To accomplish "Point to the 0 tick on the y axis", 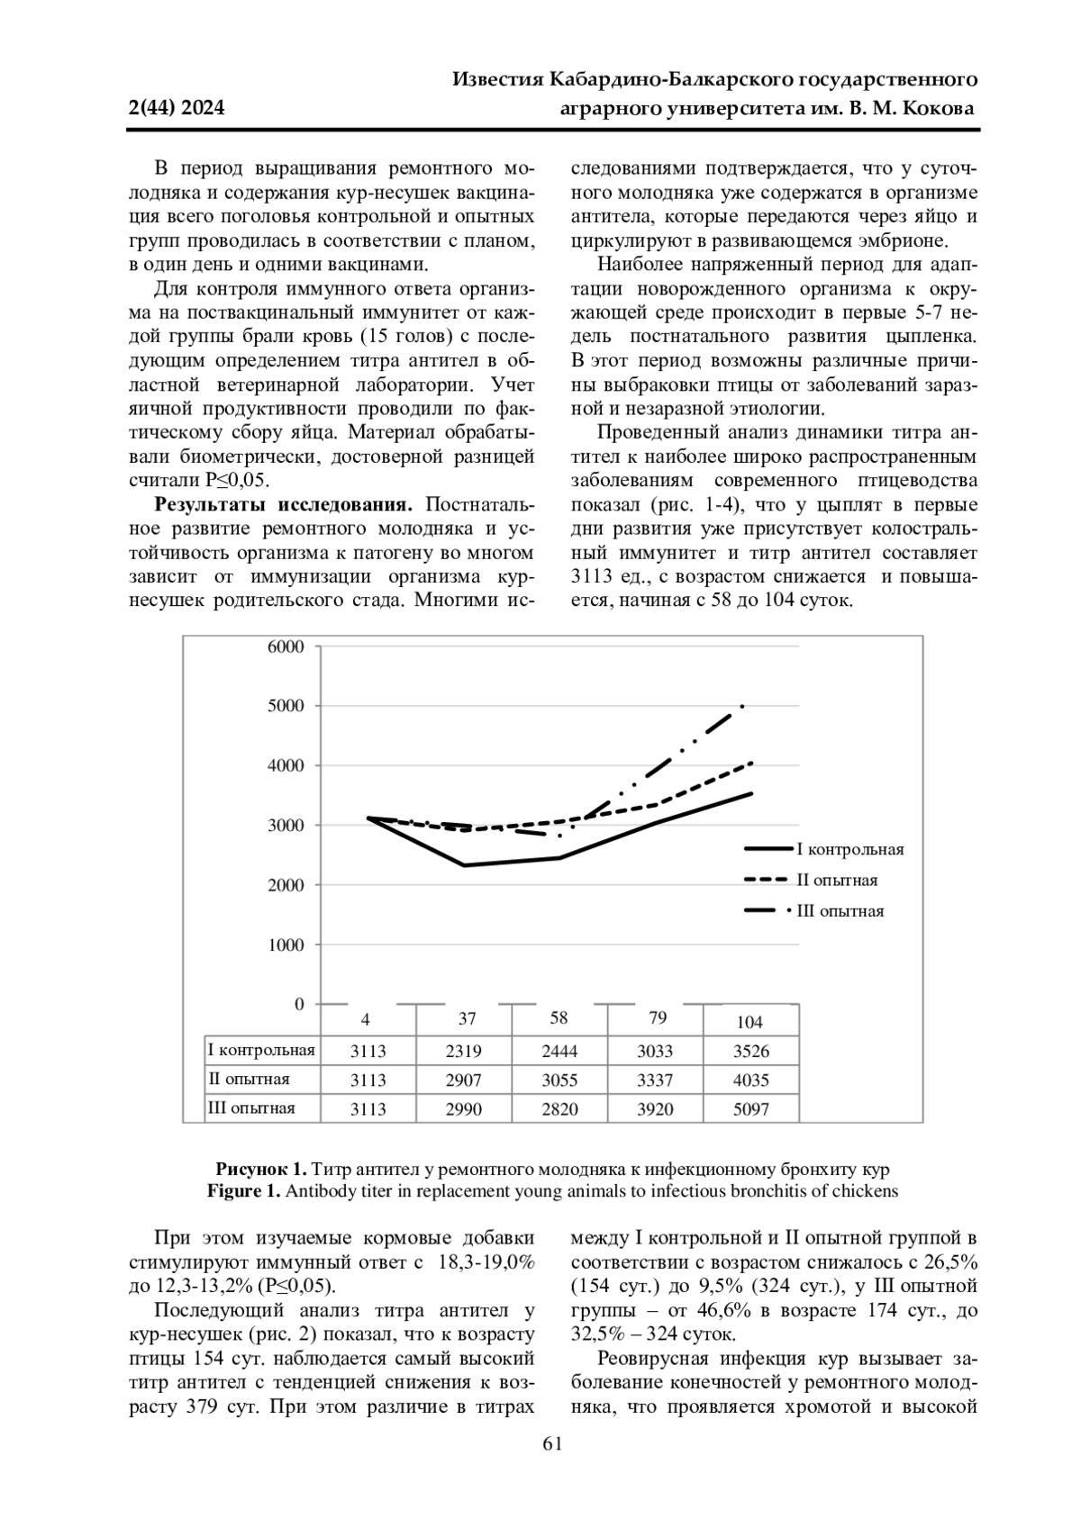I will tap(299, 1004).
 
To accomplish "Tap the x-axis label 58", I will tap(559, 1018).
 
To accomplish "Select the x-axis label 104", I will tap(749, 1022).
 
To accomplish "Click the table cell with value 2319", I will tap(464, 1052).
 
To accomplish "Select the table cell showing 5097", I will tap(751, 1109).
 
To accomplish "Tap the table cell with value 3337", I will tap(655, 1080).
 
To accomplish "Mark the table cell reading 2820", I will tap(559, 1109).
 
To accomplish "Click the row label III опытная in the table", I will tap(251, 1108).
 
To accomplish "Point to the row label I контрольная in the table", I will tap(261, 1050).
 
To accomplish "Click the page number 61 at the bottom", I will tap(552, 1444).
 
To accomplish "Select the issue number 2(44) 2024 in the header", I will tap(177, 109).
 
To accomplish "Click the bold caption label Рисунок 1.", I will tap(261, 1170).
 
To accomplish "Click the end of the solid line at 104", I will tap(751, 793).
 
